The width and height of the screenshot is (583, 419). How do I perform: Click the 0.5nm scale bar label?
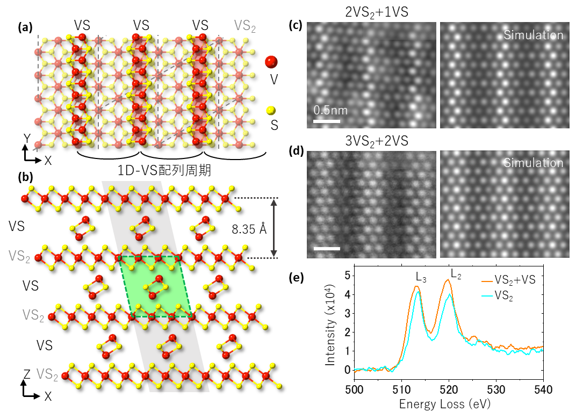point(331,111)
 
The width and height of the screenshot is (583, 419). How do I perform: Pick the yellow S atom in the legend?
point(271,111)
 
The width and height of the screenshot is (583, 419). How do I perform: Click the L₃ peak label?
point(421,277)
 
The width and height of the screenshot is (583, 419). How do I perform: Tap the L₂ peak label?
point(456,274)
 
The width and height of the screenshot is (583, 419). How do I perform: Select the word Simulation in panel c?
point(533,36)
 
